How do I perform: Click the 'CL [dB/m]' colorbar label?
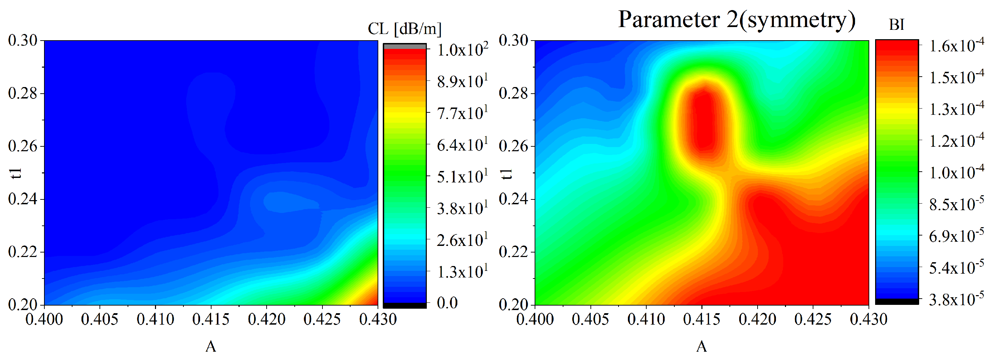(404, 28)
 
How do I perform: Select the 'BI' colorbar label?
(897, 25)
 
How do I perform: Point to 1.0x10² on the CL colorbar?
(462, 50)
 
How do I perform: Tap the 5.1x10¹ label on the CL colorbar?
(462, 177)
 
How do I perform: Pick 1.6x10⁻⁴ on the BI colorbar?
(956, 46)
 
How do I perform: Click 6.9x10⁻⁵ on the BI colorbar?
(956, 235)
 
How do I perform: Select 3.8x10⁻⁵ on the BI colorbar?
(956, 299)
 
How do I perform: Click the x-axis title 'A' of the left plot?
(210, 346)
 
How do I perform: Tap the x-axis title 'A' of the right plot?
(701, 346)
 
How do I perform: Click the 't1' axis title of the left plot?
(16, 173)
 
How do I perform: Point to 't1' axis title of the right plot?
(507, 173)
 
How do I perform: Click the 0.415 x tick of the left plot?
(210, 319)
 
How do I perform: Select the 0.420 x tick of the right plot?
(757, 319)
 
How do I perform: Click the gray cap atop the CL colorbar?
(404, 46)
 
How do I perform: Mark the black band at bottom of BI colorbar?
(897, 301)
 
